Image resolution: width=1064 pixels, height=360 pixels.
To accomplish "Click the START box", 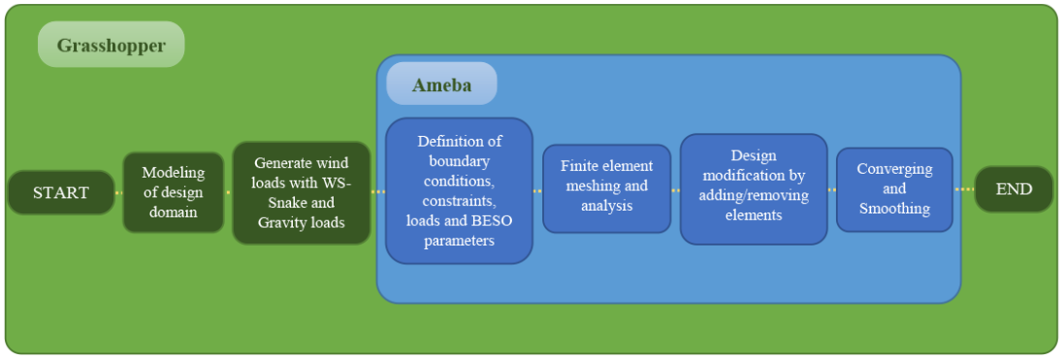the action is coord(61,192).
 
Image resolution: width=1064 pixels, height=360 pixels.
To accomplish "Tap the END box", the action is coord(1014,189).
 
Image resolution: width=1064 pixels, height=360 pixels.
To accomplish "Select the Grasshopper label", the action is coord(112,45).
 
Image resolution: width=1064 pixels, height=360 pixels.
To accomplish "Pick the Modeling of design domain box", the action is coord(173,192).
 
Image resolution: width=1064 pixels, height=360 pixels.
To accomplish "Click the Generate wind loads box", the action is coord(302,192).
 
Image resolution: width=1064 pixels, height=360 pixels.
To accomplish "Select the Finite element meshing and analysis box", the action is coord(606,189).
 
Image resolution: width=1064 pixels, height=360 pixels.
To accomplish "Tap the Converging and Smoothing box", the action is coord(894,189).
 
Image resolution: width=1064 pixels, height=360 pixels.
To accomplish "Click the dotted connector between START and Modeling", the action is coord(118,193).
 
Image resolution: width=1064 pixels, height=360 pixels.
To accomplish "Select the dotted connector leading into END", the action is coord(963,189).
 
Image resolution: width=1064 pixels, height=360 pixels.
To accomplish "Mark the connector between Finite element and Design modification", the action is coord(676,190).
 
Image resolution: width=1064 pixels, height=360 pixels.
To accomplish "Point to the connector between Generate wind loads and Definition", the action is coord(378,192).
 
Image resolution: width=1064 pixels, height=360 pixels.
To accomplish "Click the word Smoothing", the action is coord(894,209).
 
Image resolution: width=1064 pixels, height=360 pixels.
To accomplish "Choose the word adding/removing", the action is coord(754,196).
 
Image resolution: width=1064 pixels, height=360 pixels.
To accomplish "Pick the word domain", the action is coord(173,212).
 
